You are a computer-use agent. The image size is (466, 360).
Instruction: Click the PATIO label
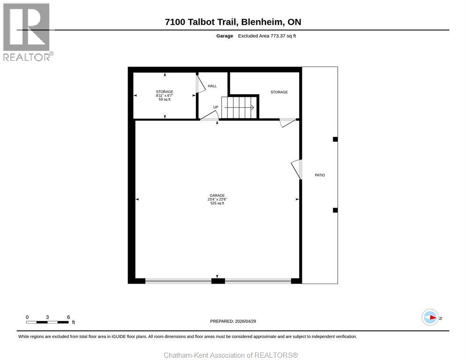(320, 175)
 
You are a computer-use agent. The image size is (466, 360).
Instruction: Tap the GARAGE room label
(217, 195)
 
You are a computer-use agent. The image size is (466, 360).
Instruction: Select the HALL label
(212, 86)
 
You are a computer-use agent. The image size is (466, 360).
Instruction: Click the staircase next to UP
(240, 107)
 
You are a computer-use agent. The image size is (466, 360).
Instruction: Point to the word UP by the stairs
(216, 107)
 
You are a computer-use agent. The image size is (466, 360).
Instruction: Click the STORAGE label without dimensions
(279, 92)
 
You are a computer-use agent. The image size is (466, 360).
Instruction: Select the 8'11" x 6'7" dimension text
(165, 96)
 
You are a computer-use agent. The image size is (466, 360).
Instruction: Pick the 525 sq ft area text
(217, 203)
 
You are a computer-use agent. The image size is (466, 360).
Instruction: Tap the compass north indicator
(430, 318)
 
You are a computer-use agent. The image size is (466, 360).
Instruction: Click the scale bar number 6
(68, 317)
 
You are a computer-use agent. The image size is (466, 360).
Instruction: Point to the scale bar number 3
(47, 317)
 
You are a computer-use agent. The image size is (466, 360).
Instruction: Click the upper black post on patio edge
(335, 139)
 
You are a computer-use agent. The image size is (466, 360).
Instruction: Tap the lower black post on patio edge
(335, 210)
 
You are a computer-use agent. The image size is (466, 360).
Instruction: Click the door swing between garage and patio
(296, 169)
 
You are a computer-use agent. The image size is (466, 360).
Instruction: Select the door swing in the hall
(200, 84)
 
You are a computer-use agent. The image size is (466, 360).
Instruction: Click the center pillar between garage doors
(218, 281)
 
